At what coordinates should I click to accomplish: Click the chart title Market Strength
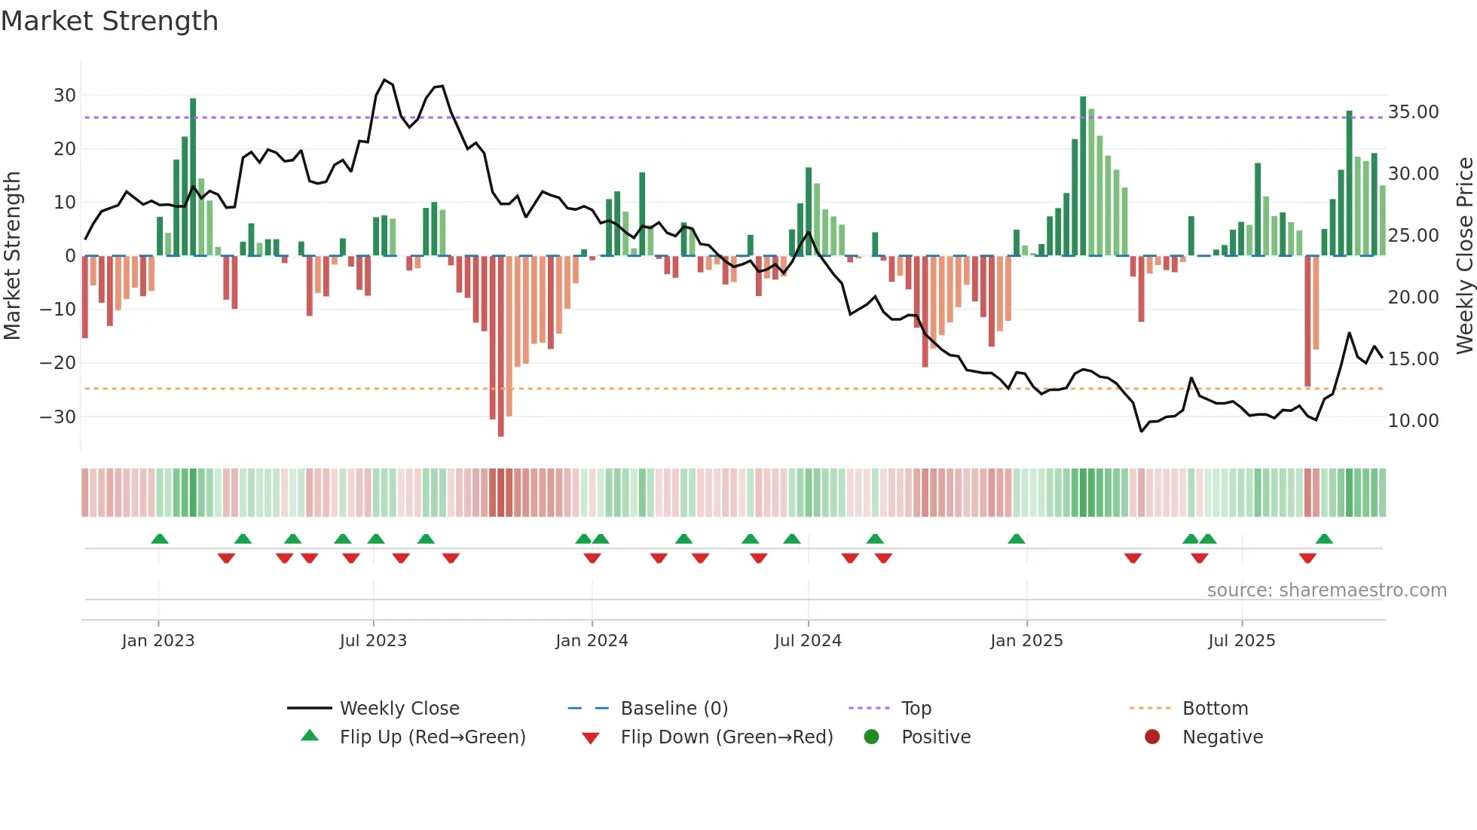pos(109,21)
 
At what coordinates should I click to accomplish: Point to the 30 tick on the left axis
pos(64,96)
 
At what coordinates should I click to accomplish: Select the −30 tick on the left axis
pos(58,417)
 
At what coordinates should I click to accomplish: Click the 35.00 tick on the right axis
pos(1413,112)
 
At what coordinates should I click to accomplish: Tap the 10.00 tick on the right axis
pos(1413,421)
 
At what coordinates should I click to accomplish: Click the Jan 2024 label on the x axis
pos(592,641)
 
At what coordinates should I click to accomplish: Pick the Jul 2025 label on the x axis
pos(1241,641)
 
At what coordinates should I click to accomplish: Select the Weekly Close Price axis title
pos(1464,256)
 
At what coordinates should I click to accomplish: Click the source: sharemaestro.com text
pos(1326,590)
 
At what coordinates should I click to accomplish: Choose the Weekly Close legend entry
pos(399,709)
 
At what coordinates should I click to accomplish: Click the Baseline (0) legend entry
pos(674,709)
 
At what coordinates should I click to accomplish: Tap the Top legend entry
pos(916,709)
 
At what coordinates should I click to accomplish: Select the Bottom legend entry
pos(1215,709)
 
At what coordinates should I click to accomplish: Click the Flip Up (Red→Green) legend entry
pos(432,737)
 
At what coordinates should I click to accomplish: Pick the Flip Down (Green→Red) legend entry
pos(726,737)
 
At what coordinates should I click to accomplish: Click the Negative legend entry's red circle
pos(1152,737)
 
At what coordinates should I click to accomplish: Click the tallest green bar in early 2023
pos(193,177)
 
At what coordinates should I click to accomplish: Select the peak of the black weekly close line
pos(384,80)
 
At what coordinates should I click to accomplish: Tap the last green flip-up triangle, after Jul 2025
pos(1324,539)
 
